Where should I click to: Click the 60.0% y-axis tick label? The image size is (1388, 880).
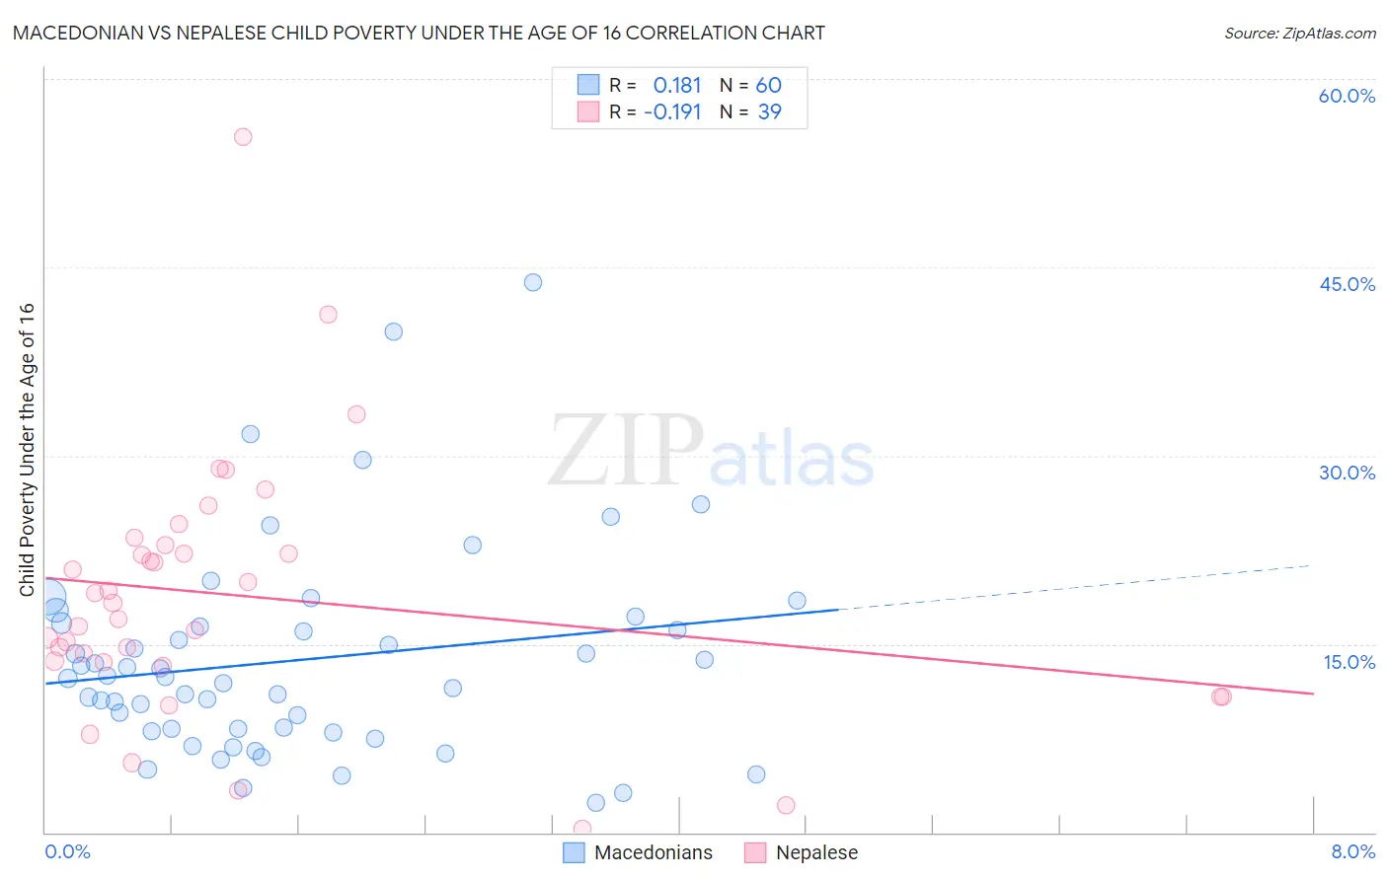(x=1347, y=96)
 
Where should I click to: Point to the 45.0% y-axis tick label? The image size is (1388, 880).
(x=1347, y=284)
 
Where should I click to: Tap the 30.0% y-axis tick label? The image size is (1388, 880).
(x=1347, y=473)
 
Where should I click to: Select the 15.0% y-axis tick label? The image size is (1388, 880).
(x=1349, y=662)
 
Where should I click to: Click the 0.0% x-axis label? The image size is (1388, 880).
(x=67, y=851)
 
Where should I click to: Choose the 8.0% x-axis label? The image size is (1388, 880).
(x=1352, y=851)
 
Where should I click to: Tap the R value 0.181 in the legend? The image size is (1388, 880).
(x=677, y=86)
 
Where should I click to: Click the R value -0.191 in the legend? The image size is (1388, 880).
(x=672, y=112)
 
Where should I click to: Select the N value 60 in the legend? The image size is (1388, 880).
(x=769, y=86)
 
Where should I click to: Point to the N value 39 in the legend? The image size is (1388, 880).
(x=770, y=112)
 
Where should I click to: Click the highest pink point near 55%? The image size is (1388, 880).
(x=243, y=137)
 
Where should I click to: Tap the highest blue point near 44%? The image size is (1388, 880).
(x=533, y=282)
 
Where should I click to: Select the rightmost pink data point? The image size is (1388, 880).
(x=1222, y=697)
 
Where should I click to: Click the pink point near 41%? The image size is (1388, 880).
(x=328, y=315)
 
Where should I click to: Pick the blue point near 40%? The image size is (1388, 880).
(x=394, y=331)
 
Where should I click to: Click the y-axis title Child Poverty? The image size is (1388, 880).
(x=27, y=449)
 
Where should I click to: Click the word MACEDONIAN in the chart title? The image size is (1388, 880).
(x=77, y=33)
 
